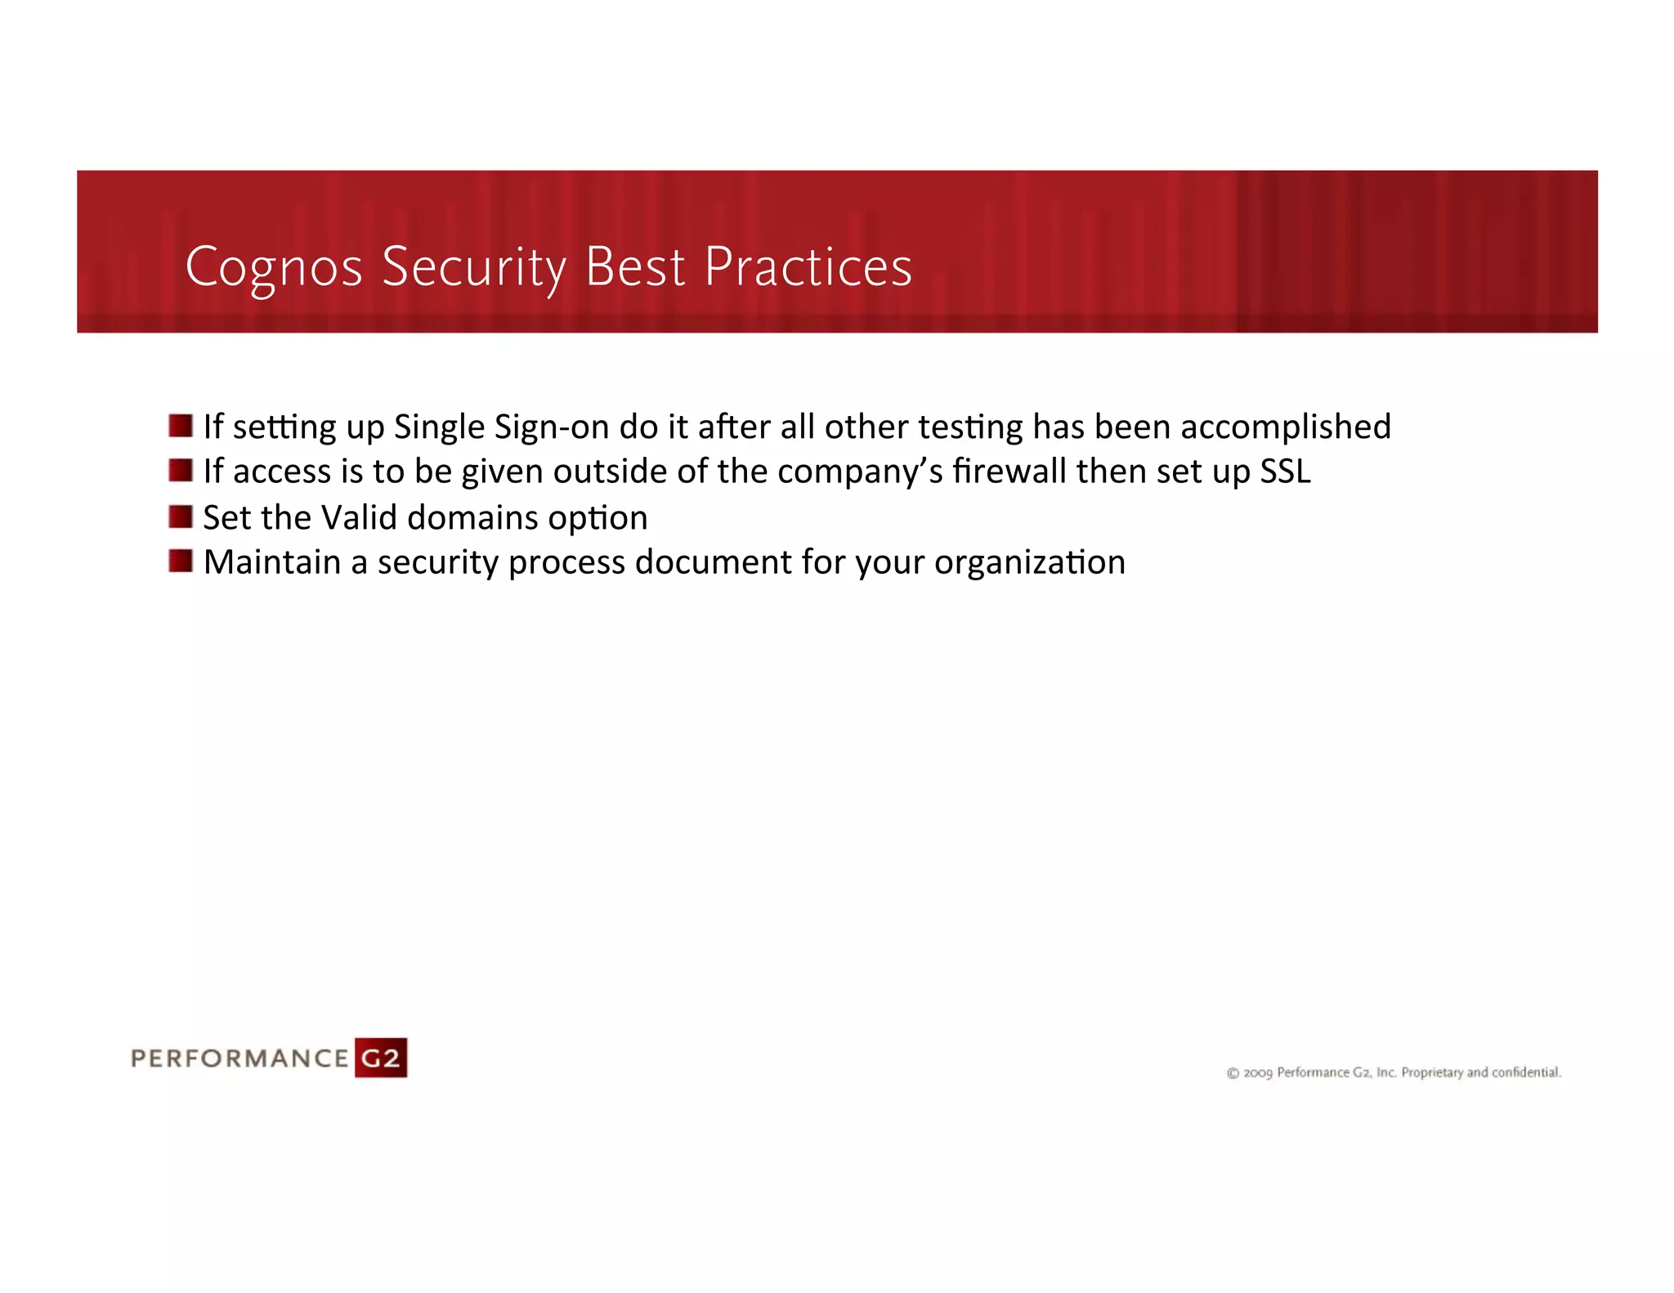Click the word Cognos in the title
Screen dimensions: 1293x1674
273,268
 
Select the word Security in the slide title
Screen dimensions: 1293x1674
473,268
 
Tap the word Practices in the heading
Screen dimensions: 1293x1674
808,268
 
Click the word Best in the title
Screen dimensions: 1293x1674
635,268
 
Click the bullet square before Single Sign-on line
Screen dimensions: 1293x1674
181,426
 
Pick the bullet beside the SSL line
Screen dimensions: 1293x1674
181,471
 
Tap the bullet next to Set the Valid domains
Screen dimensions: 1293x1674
181,517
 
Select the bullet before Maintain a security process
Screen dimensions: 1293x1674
181,561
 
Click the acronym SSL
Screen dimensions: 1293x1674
1285,472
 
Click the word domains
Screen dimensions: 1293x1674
472,517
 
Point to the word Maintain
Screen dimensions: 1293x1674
271,562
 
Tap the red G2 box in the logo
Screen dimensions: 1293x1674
381,1058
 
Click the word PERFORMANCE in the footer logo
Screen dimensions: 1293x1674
240,1059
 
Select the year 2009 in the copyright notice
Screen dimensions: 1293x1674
1258,1073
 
